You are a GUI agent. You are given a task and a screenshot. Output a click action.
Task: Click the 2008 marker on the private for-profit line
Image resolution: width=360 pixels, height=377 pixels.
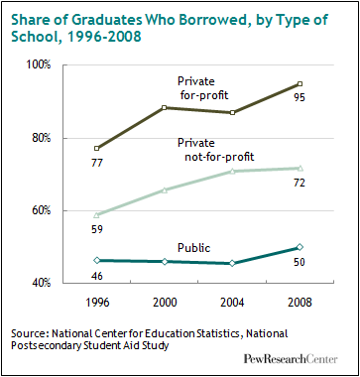click(x=300, y=84)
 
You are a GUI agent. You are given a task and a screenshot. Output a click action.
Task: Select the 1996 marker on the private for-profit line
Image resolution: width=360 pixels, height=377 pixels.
click(x=96, y=148)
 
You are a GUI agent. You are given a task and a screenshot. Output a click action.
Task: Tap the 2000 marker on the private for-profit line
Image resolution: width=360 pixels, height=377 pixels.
click(x=164, y=107)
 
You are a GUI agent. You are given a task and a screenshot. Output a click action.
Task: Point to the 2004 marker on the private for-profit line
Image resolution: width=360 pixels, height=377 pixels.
click(x=232, y=113)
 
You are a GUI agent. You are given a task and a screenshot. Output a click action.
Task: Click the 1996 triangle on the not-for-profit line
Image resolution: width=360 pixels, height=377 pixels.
click(x=96, y=215)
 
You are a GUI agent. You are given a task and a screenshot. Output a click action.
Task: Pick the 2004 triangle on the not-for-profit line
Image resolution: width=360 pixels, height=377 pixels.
click(x=232, y=172)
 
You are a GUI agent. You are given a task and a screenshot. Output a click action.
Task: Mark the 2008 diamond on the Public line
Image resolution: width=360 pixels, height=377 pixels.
click(x=300, y=247)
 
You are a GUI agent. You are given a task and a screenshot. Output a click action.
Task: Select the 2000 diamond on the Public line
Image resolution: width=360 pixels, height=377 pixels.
click(x=164, y=262)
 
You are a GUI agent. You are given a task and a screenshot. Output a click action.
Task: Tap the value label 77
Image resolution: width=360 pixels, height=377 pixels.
click(x=97, y=163)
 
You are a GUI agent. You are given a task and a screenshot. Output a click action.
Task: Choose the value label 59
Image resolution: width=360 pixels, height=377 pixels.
click(x=96, y=229)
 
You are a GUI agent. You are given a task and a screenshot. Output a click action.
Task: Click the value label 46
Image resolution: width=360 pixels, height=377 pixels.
click(x=96, y=276)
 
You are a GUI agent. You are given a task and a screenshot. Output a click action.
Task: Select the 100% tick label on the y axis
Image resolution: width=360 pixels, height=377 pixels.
click(x=39, y=64)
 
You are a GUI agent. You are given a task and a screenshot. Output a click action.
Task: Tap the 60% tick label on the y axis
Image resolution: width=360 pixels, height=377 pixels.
click(x=41, y=210)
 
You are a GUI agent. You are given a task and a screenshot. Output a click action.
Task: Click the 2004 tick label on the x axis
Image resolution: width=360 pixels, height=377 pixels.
click(x=232, y=303)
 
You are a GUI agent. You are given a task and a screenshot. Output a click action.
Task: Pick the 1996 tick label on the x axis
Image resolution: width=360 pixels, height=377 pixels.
click(x=96, y=303)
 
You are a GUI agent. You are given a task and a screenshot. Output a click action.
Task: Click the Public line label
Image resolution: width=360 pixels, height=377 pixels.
click(x=194, y=248)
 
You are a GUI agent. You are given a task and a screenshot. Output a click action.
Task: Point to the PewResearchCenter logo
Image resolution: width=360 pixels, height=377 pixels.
click(x=291, y=359)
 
